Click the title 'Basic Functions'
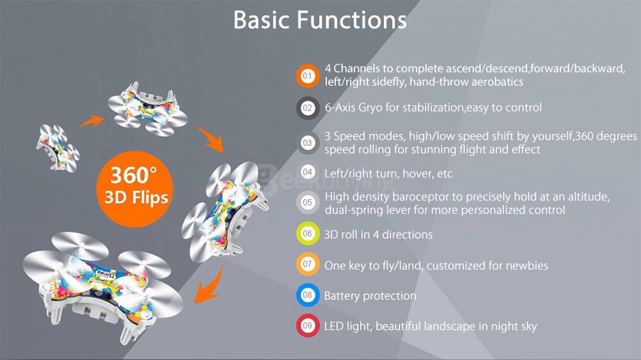[320, 20]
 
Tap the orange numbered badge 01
[308, 76]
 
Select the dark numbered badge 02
[308, 108]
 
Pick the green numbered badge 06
[308, 234]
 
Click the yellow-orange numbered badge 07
[308, 265]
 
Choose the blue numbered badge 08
[308, 295]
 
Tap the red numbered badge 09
[308, 325]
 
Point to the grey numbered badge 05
[308, 202]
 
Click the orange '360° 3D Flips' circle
[135, 189]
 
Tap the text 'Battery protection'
[370, 296]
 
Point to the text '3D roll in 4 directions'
[378, 234]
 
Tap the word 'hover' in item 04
[416, 174]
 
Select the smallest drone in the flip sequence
[58, 147]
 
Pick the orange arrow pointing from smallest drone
[91, 120]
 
